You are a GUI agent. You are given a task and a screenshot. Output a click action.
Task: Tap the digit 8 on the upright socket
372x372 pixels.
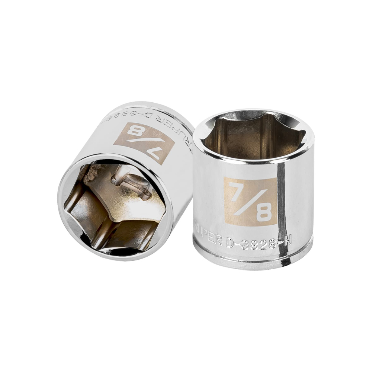264,212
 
